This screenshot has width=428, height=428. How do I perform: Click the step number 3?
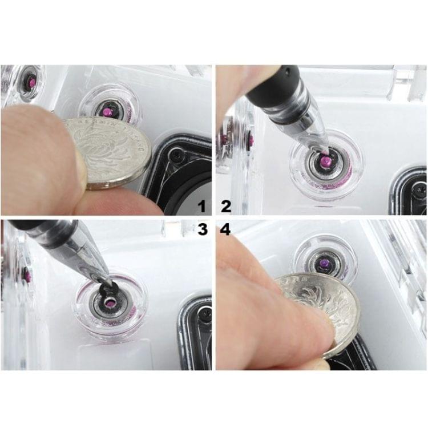201,229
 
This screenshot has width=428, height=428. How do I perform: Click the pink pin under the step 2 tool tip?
325,161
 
